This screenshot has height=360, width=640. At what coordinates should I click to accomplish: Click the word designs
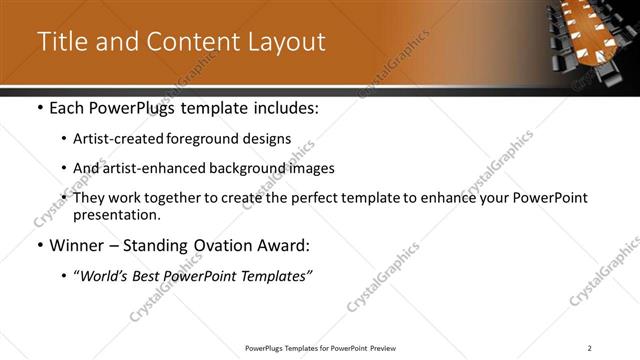coord(268,139)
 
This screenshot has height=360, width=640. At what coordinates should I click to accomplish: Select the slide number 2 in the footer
coord(590,348)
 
